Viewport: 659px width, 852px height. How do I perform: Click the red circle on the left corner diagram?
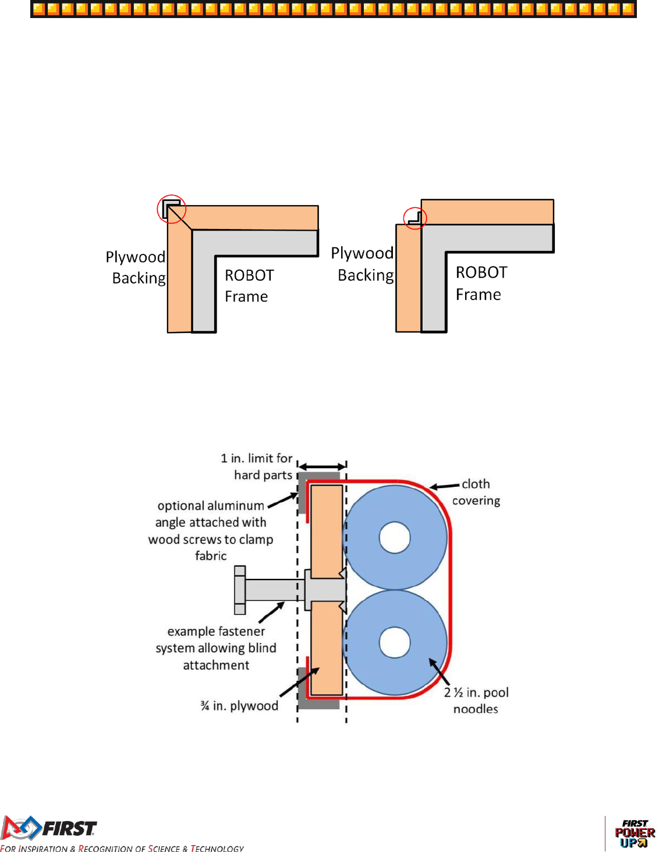click(171, 208)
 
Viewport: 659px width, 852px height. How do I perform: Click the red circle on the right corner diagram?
click(415, 218)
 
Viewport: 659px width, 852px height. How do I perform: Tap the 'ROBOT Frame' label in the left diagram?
click(249, 285)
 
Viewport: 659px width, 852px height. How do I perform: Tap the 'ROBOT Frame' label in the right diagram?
click(481, 283)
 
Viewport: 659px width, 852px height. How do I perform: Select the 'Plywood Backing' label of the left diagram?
click(136, 267)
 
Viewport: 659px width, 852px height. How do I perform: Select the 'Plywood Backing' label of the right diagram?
click(363, 264)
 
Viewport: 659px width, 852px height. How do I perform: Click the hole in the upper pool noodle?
click(395, 538)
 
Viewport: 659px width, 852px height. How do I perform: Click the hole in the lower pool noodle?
click(395, 642)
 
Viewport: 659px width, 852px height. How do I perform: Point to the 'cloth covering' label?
click(476, 492)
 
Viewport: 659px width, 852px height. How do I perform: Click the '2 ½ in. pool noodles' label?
click(476, 700)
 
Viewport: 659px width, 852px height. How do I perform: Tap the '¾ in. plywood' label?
click(239, 706)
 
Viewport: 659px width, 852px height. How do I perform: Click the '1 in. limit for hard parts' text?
click(257, 466)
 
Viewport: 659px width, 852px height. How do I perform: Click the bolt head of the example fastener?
click(240, 590)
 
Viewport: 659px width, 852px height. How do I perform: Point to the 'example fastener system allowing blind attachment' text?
click(216, 648)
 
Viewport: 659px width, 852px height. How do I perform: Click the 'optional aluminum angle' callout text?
click(211, 530)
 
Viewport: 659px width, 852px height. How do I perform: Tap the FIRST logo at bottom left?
click(49, 828)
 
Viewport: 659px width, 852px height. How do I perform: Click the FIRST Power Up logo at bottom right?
click(635, 833)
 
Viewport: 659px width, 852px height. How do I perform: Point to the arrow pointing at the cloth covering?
click(445, 486)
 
